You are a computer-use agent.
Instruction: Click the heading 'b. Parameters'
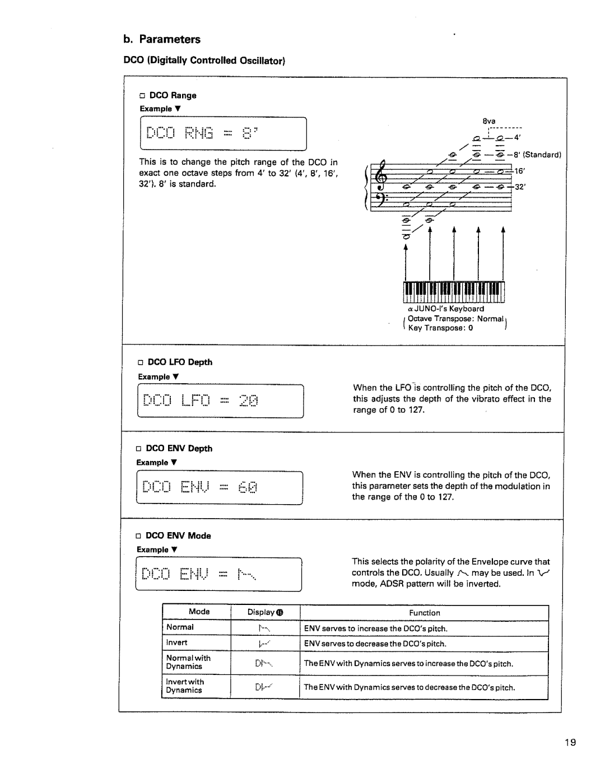point(162,39)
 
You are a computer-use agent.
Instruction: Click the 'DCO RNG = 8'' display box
point(222,134)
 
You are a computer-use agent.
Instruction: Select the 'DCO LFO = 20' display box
point(220,401)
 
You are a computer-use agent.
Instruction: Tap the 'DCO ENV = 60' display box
point(220,488)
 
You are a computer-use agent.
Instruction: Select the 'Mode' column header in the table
point(199,612)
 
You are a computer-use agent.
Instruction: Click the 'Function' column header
point(425,613)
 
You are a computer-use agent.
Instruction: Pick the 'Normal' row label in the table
point(180,627)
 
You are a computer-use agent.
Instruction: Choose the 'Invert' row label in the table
point(176,642)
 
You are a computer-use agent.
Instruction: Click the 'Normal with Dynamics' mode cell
point(188,662)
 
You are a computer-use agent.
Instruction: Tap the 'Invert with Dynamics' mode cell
point(185,686)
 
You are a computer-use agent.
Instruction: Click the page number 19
point(570,743)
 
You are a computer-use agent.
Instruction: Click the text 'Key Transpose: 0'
point(440,328)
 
